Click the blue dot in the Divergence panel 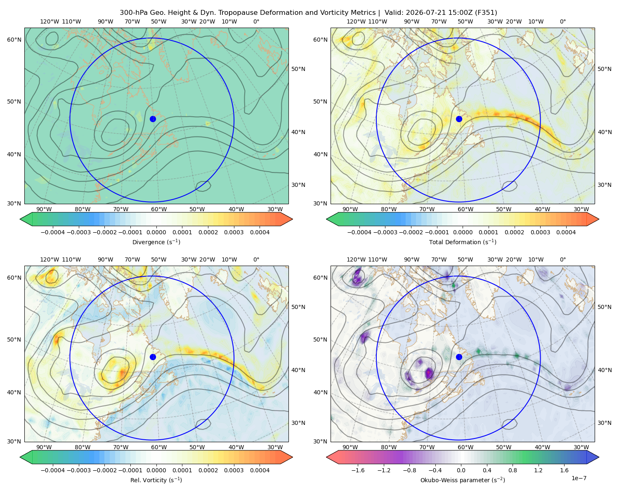coord(153,119)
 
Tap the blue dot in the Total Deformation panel coord(459,119)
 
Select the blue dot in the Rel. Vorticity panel coord(153,357)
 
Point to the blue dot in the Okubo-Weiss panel coord(459,357)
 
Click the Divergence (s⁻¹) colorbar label coord(156,242)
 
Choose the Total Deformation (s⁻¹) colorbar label coord(463,242)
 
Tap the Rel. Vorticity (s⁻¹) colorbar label coord(156,480)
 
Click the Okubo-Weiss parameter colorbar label coord(463,480)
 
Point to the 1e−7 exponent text coord(579,478)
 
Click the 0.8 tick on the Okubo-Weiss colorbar coord(513,470)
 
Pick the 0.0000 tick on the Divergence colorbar coord(156,232)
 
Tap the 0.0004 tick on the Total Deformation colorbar coord(566,232)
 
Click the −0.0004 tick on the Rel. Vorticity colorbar coord(53,470)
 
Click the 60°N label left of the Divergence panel coord(14,40)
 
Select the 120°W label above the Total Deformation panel coord(356,21)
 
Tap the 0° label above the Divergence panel coord(256,21)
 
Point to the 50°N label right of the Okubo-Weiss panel coord(604,307)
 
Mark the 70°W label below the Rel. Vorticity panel coord(120,447)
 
